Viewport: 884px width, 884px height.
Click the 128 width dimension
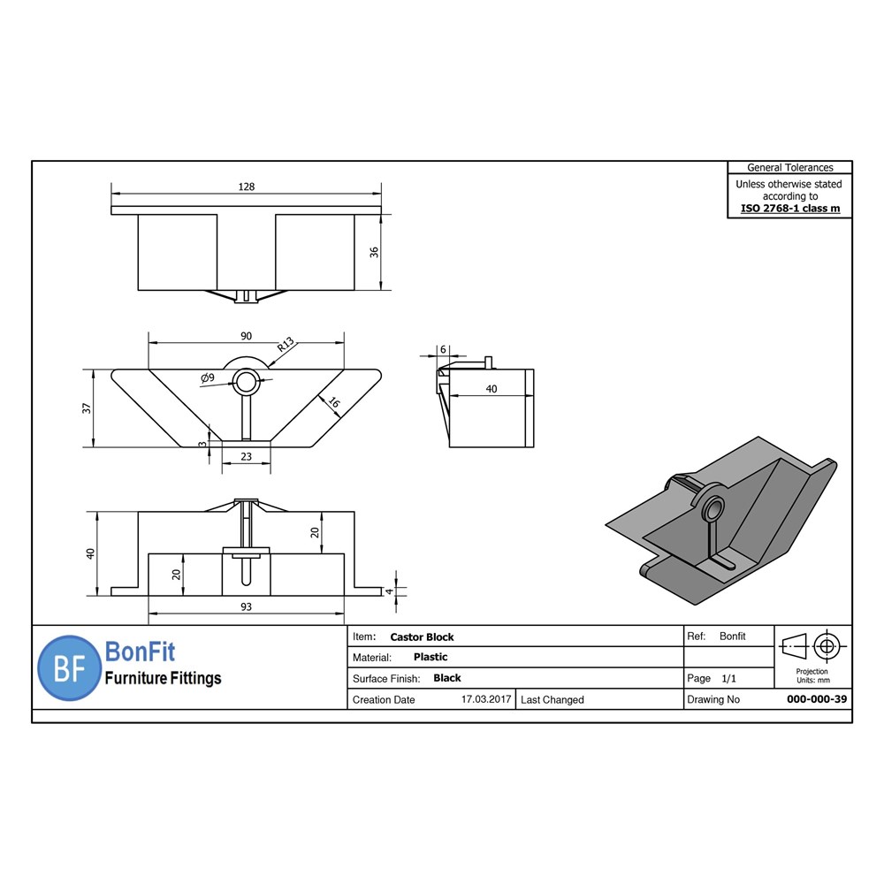click(247, 187)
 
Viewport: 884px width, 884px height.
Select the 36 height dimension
click(375, 252)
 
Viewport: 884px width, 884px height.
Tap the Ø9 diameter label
click(208, 377)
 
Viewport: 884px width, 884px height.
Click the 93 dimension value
click(246, 606)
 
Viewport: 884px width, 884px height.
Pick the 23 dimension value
click(246, 457)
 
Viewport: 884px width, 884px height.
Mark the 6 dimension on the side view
click(443, 349)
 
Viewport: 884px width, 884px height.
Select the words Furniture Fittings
click(164, 679)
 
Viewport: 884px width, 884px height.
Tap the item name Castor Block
click(422, 636)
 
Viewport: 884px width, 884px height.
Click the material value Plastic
click(431, 657)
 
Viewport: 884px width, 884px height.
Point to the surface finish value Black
click(447, 678)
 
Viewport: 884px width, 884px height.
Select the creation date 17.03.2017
click(486, 699)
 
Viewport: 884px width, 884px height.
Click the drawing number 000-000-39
click(817, 699)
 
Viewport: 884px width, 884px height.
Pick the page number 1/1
click(729, 679)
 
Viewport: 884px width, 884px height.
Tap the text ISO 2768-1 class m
click(789, 210)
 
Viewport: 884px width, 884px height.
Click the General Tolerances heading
click(789, 167)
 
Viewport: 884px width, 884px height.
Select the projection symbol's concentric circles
click(827, 646)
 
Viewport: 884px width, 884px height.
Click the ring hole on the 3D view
click(712, 511)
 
